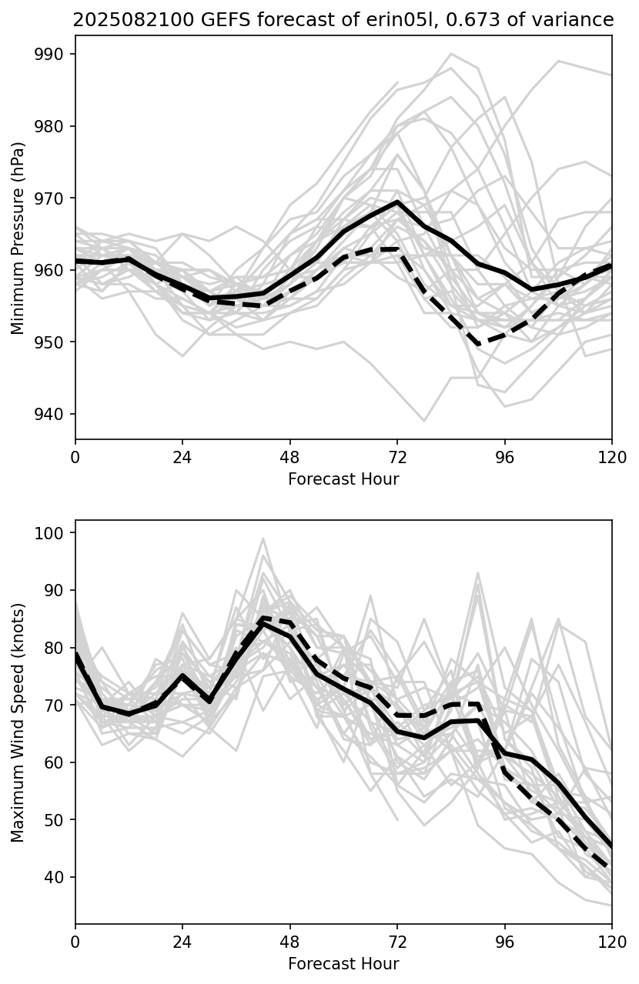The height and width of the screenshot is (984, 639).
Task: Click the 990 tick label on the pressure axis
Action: coord(55,54)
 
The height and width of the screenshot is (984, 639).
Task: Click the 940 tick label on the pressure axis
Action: coord(55,414)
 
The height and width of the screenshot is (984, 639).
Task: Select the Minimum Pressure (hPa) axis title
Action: coord(18,238)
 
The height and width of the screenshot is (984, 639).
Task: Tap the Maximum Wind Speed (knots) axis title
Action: coord(18,722)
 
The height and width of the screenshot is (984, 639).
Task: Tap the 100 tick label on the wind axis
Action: coord(52,532)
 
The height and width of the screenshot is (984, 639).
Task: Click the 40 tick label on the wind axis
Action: coord(55,877)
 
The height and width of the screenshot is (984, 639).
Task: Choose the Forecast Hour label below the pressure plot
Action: coord(343,479)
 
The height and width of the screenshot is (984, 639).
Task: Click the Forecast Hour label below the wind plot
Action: coord(343,964)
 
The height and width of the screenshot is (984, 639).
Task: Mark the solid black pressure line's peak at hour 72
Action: coord(397,202)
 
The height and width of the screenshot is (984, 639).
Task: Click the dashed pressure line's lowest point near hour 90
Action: coord(479,344)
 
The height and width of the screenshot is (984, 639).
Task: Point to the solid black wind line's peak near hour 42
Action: coord(263,624)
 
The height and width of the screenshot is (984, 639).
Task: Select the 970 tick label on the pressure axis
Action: coord(55,198)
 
